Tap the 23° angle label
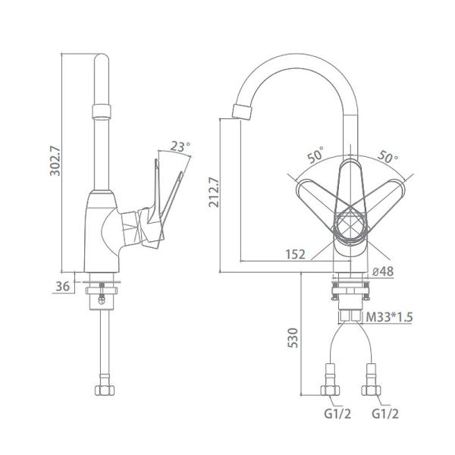pos(180,146)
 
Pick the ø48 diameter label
pos(383,271)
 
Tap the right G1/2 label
pos(384,415)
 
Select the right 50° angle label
pos(389,158)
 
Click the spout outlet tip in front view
pos(239,113)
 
